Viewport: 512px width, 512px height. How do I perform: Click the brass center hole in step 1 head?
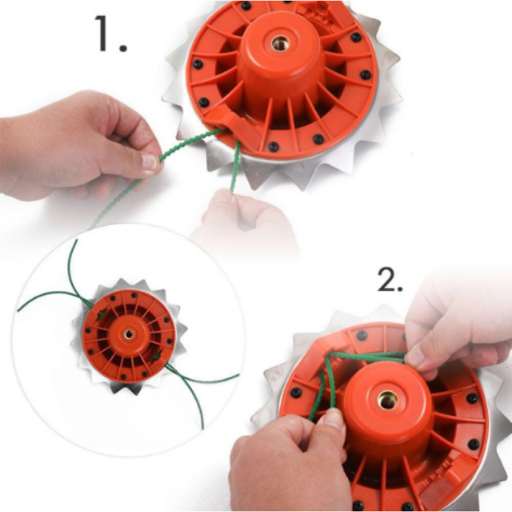(279, 44)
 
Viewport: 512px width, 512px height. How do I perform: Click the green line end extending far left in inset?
(20, 310)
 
